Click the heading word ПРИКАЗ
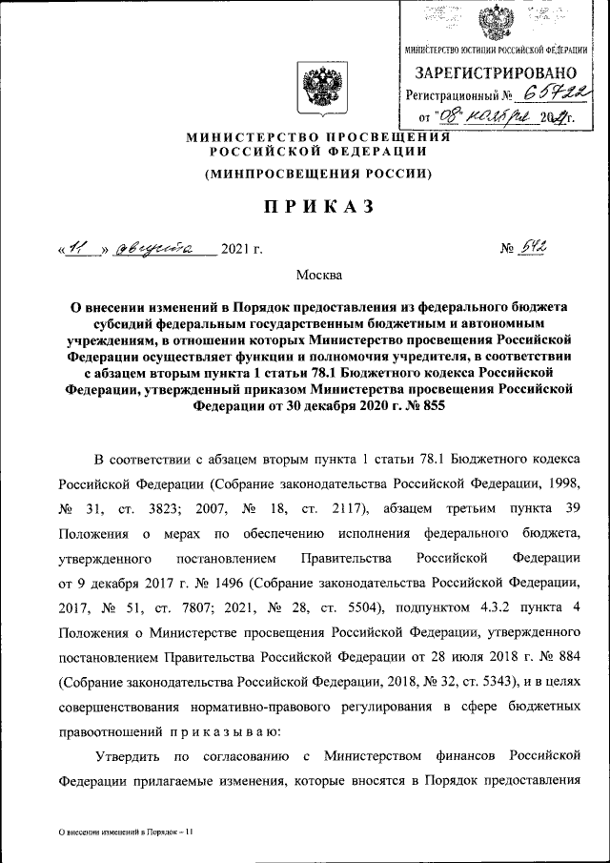coord(306,207)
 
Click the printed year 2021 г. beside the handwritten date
coord(241,250)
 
